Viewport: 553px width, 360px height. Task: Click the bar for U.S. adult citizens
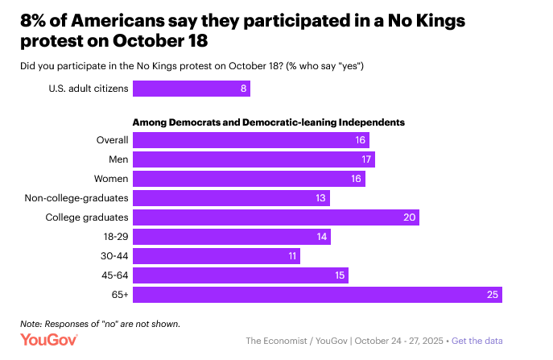(192, 88)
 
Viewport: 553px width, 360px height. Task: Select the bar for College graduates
(276, 217)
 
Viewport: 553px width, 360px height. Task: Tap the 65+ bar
(317, 295)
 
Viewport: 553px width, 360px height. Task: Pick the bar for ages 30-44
(217, 256)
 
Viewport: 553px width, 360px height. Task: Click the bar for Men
(254, 159)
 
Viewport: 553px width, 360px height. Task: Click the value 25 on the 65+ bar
(492, 295)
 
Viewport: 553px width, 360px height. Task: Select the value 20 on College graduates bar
(409, 217)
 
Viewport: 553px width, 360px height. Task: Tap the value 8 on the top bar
(243, 88)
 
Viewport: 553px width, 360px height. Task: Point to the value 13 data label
(321, 198)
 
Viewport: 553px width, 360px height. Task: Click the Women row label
(113, 179)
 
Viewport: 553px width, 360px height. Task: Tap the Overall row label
(112, 140)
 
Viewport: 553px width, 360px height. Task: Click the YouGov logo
(49, 341)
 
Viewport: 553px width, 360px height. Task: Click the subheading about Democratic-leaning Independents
(268, 122)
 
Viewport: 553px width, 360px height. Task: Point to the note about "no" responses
(100, 324)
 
